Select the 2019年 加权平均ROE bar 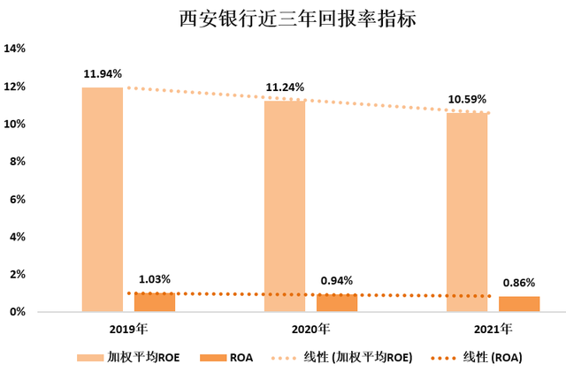(x=102, y=200)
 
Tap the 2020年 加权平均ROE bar (x=284, y=206)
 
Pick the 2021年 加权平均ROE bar (x=466, y=212)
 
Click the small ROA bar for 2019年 (x=155, y=302)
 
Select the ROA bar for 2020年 (x=337, y=303)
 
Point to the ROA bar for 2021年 (x=519, y=304)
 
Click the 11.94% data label (x=103, y=73)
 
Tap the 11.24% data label (x=285, y=87)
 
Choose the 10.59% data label (x=466, y=99)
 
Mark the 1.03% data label (x=155, y=278)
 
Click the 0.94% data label (x=337, y=280)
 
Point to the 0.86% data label (x=519, y=282)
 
